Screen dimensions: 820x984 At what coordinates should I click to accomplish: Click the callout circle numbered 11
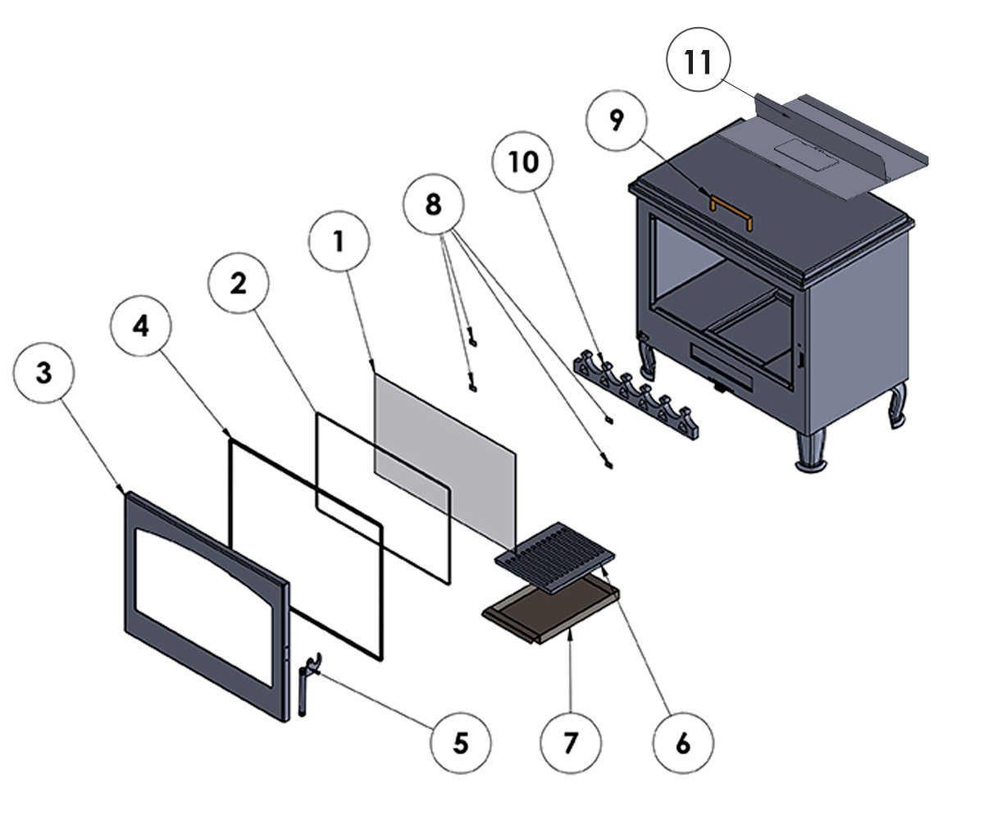coord(698,61)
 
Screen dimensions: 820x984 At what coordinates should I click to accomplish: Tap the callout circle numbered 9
coord(617,121)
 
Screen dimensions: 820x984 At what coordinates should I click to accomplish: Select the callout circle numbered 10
coord(522,162)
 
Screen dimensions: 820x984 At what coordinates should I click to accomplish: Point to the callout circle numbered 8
coord(433,204)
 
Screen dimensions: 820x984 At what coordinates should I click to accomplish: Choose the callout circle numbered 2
coord(238,284)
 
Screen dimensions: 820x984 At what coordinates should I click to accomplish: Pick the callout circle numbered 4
coord(141,326)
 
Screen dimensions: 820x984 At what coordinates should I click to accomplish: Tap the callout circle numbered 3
coord(43,372)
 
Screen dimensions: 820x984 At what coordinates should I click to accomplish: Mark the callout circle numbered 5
coord(461,743)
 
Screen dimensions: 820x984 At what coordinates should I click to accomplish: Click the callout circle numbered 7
coord(571,743)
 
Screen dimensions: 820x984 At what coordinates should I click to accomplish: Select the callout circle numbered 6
coord(683,743)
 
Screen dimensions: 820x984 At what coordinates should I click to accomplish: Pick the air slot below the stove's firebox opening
coord(722,362)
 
